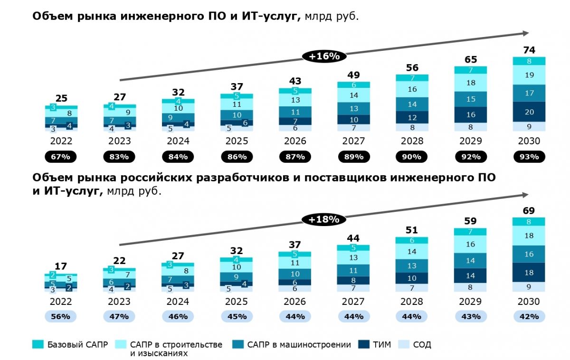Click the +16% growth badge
(324, 56)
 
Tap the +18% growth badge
(324, 219)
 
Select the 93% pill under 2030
(529, 157)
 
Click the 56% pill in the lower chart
(61, 316)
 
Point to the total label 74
(529, 50)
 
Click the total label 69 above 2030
(529, 210)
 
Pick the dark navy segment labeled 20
(529, 112)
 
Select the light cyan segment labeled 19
(529, 75)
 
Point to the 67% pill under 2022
(61, 157)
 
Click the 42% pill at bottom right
(529, 316)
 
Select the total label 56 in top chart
(412, 67)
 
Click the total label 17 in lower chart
(61, 266)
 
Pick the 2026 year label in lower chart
(295, 302)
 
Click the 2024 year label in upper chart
(178, 141)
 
